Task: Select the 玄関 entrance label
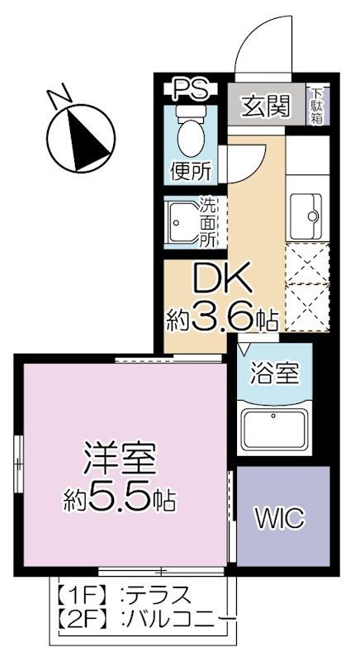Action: click(264, 106)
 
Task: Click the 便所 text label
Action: click(191, 171)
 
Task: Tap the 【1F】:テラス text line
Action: click(124, 594)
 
